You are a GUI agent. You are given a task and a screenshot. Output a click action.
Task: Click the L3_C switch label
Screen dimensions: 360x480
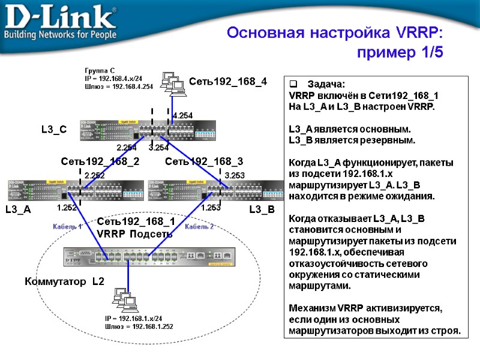point(54,129)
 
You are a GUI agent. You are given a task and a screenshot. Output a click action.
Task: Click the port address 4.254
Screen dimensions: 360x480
point(182,115)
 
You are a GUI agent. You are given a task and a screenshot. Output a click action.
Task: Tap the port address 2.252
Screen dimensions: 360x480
point(94,175)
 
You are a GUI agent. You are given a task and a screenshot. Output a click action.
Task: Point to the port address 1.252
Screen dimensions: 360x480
point(67,208)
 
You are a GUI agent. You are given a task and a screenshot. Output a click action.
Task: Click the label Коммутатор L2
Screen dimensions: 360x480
point(64,281)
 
